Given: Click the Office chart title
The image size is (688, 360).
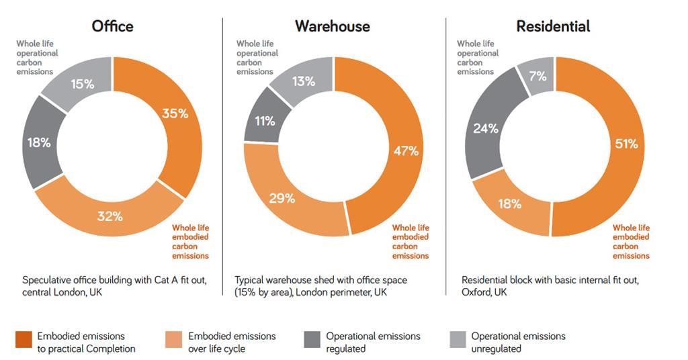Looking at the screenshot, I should click(112, 26).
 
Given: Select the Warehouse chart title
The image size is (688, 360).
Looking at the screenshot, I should click(333, 26).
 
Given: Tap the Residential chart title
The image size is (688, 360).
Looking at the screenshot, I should click(553, 26).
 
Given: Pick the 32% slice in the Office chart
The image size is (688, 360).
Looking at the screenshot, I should click(110, 216).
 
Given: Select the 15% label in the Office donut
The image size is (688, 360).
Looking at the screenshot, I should click(83, 85).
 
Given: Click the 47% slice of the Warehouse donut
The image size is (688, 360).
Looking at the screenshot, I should click(405, 152).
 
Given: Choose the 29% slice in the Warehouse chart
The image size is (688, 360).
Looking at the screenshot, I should click(282, 198).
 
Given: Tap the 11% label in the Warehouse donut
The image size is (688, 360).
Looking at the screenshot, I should click(265, 121).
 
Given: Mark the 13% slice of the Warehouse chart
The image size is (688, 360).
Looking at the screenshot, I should click(304, 82).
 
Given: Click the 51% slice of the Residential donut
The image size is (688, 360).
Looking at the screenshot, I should click(626, 143).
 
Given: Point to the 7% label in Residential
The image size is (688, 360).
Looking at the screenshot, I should click(537, 76).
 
